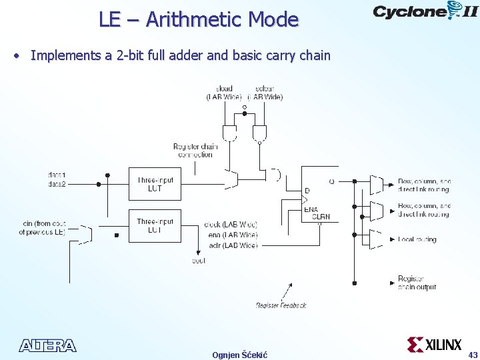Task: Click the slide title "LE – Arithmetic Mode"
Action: tap(198, 19)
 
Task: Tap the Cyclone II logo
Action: tap(424, 11)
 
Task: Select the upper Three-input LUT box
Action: tap(155, 184)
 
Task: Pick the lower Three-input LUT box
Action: tap(155, 225)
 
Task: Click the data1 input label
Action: tap(57, 175)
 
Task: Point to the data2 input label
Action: tap(57, 184)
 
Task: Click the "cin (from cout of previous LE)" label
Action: tap(42, 228)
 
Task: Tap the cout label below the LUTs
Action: tap(198, 261)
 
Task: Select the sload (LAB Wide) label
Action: tap(224, 93)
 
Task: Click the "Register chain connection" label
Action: tap(195, 151)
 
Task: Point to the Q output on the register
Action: tap(331, 181)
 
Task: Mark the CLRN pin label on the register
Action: tap(321, 217)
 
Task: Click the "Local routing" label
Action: tap(417, 239)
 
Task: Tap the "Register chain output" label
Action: tap(417, 283)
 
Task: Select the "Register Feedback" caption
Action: tap(281, 305)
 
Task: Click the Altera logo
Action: tap(47, 345)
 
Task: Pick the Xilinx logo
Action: tap(434, 345)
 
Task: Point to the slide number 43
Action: tap(473, 354)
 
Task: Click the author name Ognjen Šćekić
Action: tap(239, 355)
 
